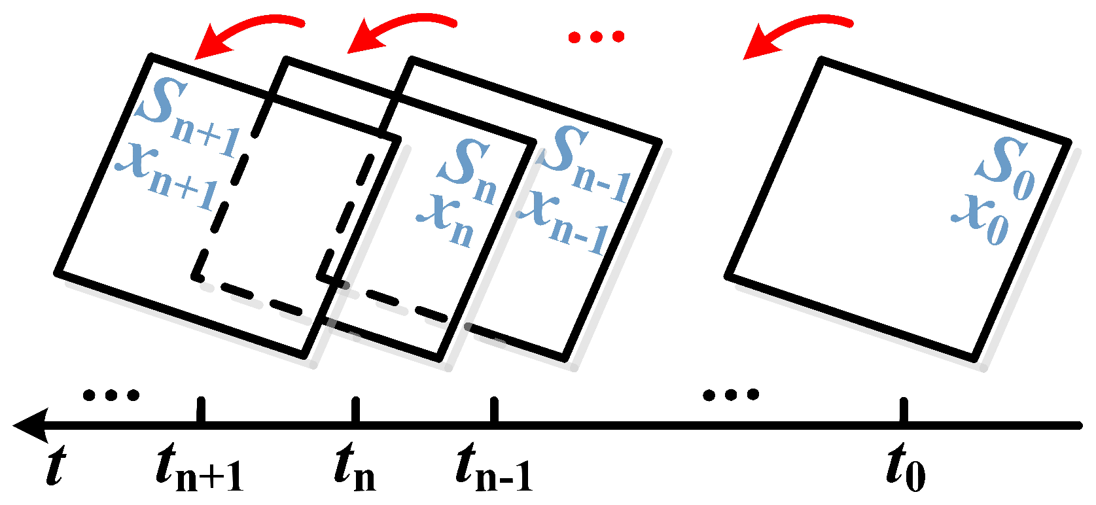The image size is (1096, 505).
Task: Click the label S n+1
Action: click(187, 118)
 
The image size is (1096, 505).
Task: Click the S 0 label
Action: click(1004, 167)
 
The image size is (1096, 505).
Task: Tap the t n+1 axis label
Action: click(200, 467)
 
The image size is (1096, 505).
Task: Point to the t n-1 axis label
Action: click(494, 467)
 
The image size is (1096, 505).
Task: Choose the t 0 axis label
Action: click(906, 467)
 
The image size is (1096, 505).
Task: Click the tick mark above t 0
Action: click(904, 411)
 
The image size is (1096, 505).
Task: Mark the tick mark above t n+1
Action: click(201, 411)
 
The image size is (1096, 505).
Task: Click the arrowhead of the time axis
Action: click(29, 426)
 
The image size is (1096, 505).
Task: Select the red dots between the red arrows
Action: click(595, 37)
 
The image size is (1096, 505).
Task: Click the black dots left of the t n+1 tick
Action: click(111, 394)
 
